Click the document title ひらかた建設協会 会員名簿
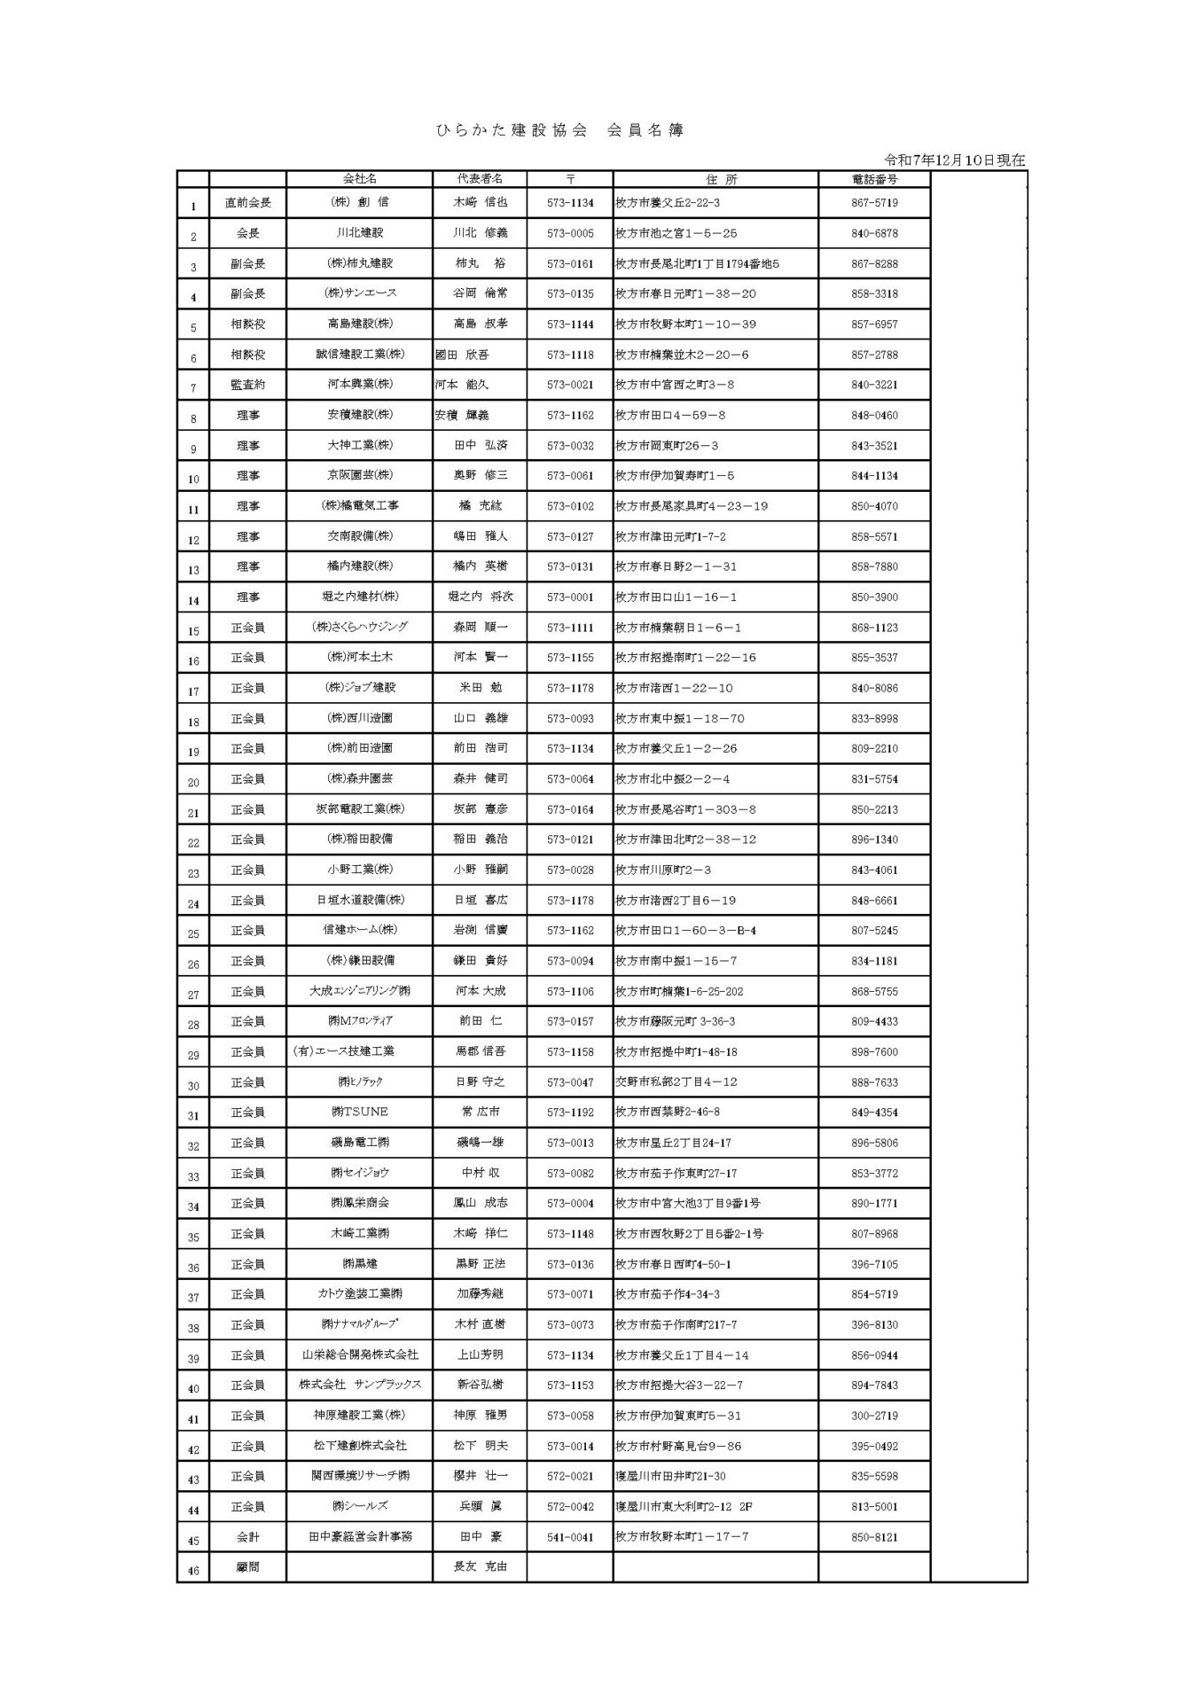click(559, 130)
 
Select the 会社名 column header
click(359, 179)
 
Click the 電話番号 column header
click(874, 179)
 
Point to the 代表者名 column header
click(480, 179)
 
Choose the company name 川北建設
click(359, 233)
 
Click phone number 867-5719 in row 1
click(874, 203)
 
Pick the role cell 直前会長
click(248, 203)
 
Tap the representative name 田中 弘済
click(480, 445)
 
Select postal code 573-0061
click(570, 476)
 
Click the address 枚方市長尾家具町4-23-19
click(692, 506)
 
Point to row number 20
click(193, 782)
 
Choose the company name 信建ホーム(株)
click(359, 930)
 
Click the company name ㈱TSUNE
click(359, 1112)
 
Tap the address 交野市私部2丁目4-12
click(676, 1081)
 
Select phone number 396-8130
click(874, 1324)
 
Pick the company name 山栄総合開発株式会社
click(359, 1355)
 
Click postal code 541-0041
click(570, 1536)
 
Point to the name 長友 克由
click(480, 1566)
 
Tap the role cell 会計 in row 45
click(248, 1536)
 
